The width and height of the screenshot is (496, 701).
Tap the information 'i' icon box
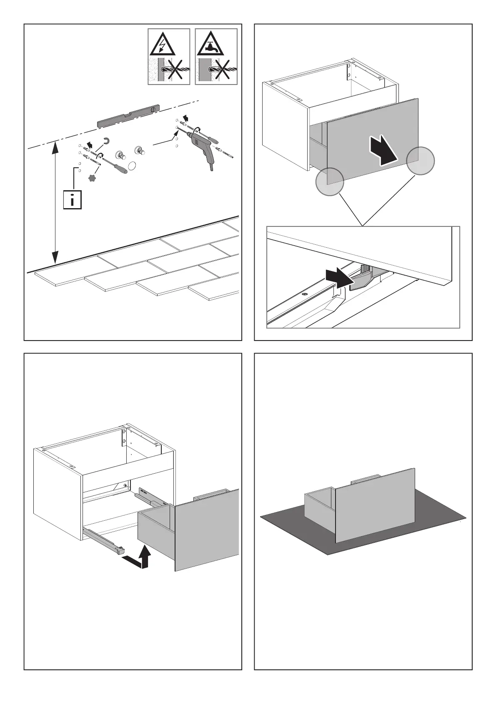[x=72, y=200]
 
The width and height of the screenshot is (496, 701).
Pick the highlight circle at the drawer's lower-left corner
[x=329, y=181]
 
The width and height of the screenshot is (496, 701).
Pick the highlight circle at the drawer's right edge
[x=420, y=161]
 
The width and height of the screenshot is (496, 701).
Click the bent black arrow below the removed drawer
[x=138, y=560]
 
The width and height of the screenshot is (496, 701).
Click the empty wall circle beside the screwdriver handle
[x=132, y=166]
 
